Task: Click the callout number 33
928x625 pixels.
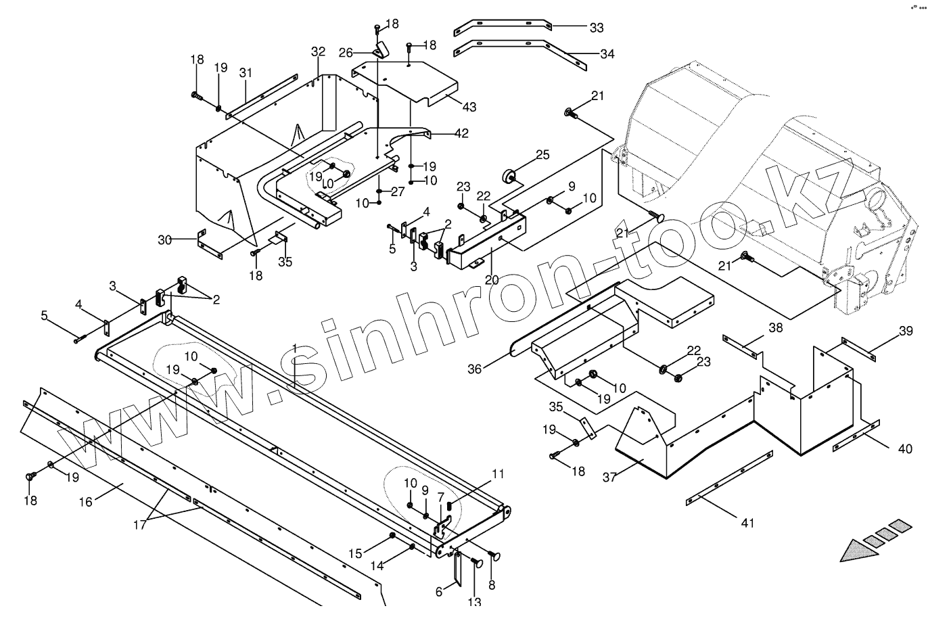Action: click(x=596, y=28)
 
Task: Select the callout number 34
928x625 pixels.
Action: click(x=607, y=54)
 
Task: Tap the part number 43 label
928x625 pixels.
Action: click(x=469, y=107)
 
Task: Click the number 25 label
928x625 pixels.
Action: click(x=542, y=155)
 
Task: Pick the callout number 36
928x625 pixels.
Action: click(x=475, y=369)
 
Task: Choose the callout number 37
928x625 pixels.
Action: click(x=610, y=477)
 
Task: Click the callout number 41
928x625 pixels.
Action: click(x=747, y=522)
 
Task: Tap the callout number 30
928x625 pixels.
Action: click(x=165, y=239)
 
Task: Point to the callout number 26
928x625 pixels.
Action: click(x=365, y=52)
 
